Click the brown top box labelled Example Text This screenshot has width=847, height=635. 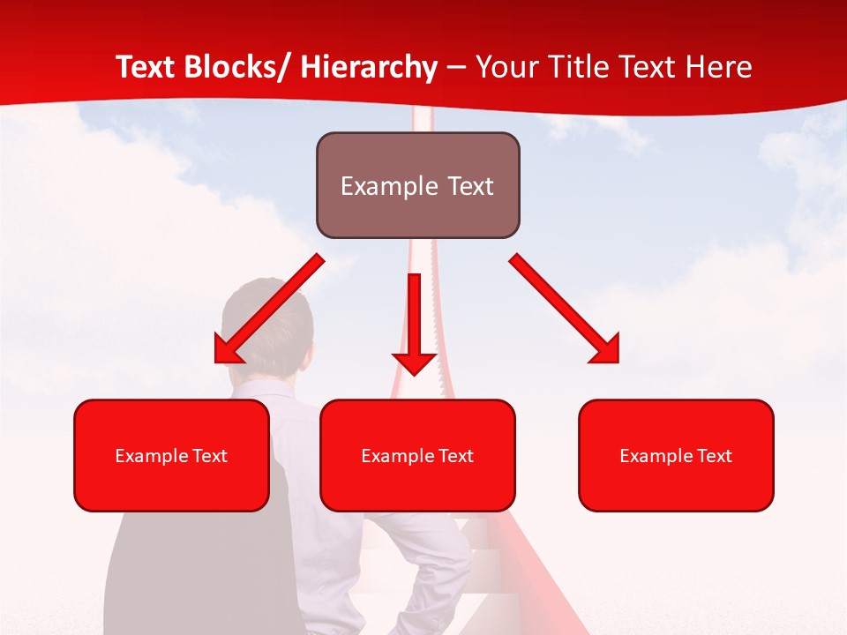pyautogui.click(x=417, y=185)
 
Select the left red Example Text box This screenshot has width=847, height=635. pyautogui.click(x=171, y=455)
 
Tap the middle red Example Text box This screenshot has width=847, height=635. pyautogui.click(x=417, y=455)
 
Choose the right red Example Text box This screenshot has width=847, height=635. pyautogui.click(x=676, y=455)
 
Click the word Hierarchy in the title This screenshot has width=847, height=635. pyautogui.click(x=369, y=67)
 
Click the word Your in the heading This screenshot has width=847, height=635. pyautogui.click(x=504, y=67)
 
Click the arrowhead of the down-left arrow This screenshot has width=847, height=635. pyautogui.click(x=228, y=350)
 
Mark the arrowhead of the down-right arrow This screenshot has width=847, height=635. pyautogui.click(x=606, y=350)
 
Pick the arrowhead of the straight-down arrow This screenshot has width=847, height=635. pyautogui.click(x=414, y=362)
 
